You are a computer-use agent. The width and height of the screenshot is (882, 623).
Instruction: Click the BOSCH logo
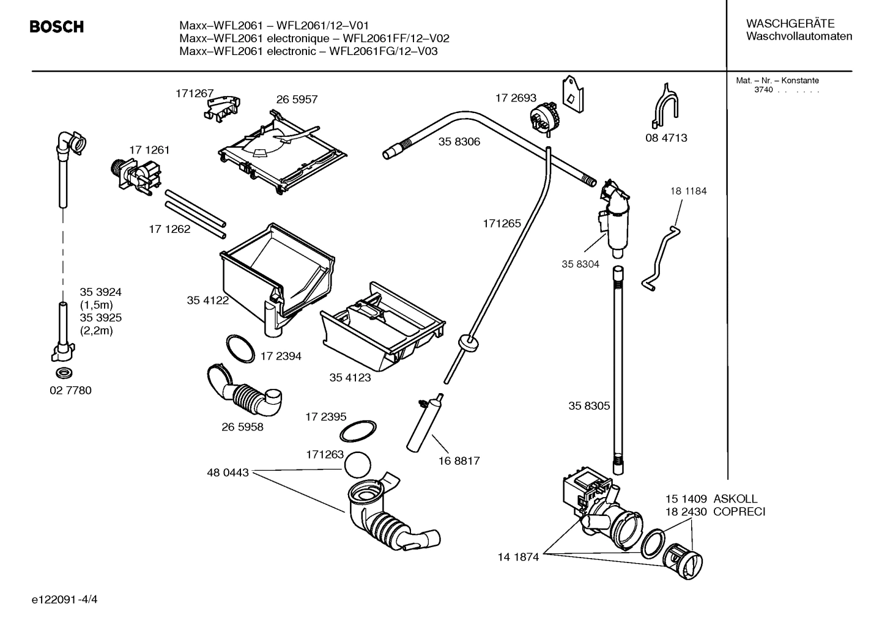pos(56,27)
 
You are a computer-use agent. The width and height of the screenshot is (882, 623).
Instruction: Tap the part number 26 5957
pos(297,100)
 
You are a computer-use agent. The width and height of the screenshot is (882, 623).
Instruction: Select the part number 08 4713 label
pos(666,138)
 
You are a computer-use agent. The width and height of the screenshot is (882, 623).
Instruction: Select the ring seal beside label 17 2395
pos(358,430)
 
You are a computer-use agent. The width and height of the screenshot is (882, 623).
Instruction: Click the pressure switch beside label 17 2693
pos(543,117)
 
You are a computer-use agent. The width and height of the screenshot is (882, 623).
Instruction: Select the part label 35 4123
pos(350,378)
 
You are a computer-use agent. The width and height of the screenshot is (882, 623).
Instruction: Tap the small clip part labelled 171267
pos(221,106)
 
